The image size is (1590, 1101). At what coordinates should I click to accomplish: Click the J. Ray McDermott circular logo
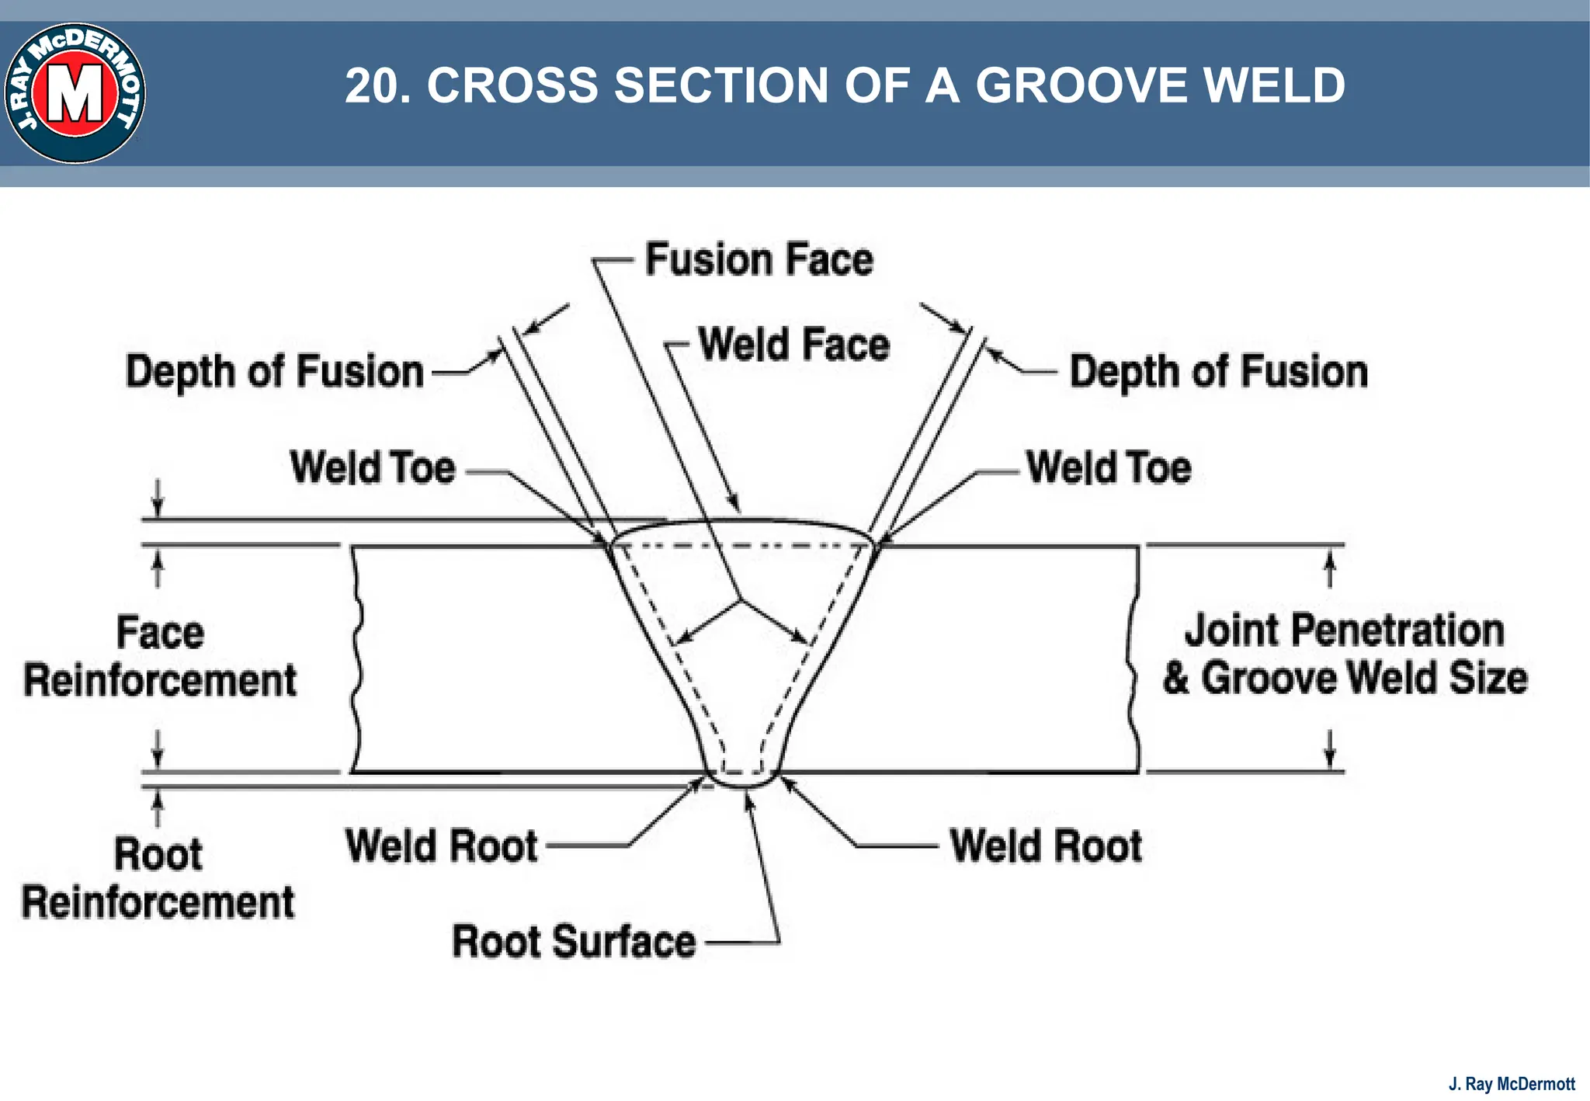click(x=75, y=93)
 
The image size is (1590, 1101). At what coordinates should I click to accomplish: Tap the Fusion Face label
click(x=759, y=259)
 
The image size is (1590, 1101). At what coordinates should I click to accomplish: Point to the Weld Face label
click(x=793, y=345)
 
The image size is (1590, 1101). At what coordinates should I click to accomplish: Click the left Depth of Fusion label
click(x=275, y=372)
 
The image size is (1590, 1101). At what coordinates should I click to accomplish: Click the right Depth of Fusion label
click(x=1218, y=372)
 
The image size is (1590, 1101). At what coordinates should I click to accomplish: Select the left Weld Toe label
click(x=373, y=468)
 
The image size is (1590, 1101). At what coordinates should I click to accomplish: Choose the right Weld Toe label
click(x=1109, y=468)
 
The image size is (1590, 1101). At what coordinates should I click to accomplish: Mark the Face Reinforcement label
click(x=160, y=657)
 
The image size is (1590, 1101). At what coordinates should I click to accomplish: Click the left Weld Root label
click(x=442, y=846)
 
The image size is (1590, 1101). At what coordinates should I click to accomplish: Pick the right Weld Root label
click(x=1046, y=846)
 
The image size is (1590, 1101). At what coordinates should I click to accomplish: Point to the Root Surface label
click(x=574, y=942)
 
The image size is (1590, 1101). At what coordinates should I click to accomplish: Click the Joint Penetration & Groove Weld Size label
click(x=1345, y=654)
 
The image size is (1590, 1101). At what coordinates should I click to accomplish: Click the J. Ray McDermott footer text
click(x=1511, y=1084)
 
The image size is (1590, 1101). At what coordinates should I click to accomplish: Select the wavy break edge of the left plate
click(x=356, y=660)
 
